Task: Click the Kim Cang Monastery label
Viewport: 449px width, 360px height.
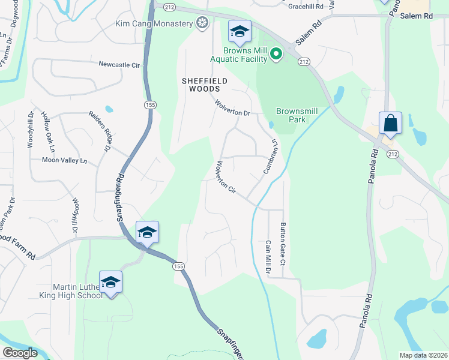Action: point(154,24)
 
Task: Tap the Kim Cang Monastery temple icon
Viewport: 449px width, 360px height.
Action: point(203,24)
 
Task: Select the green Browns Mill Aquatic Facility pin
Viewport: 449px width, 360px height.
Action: point(276,55)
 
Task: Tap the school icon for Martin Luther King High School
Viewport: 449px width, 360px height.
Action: point(111,282)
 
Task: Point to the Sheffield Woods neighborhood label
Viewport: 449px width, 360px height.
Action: point(201,84)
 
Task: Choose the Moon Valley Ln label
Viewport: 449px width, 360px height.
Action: point(64,160)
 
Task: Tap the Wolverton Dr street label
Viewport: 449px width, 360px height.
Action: point(232,108)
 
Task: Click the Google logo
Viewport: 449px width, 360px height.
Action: point(20,353)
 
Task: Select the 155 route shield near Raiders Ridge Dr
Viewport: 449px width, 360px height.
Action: point(147,105)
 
